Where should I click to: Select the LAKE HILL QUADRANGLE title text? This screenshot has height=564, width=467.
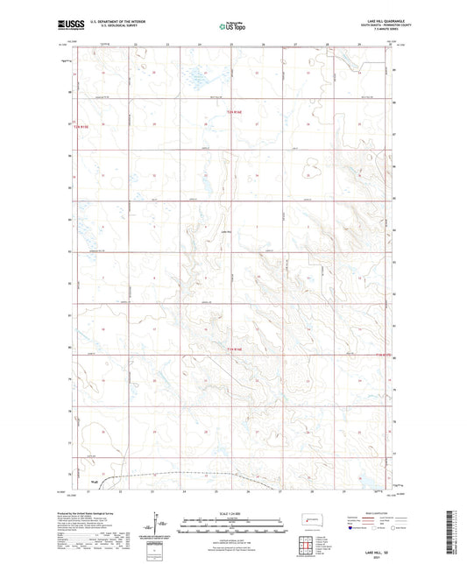tap(369, 19)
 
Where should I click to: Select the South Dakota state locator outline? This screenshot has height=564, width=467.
tap(311, 518)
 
